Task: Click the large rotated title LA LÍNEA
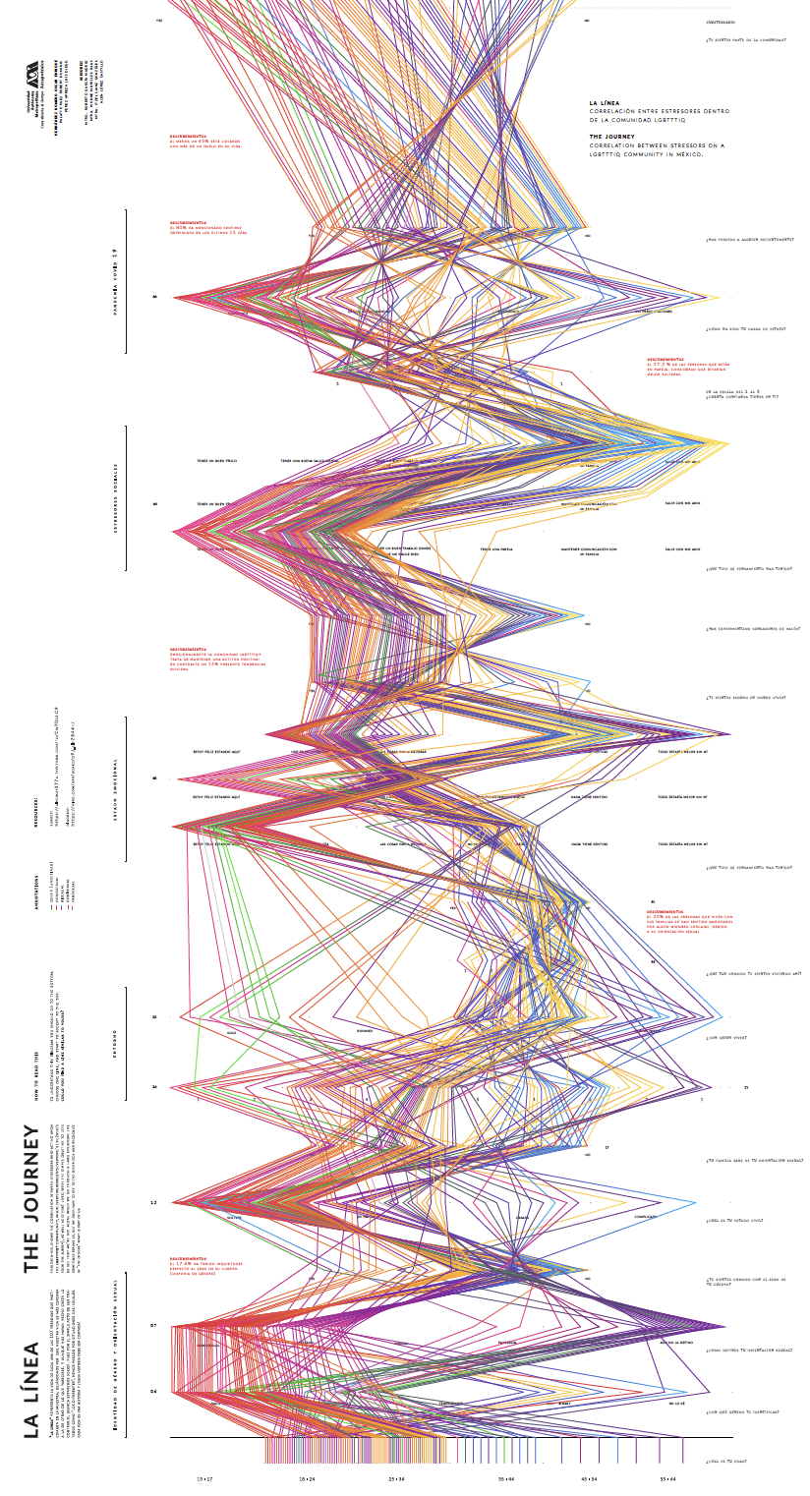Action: [x=32, y=1389]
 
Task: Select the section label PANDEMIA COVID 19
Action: [x=115, y=281]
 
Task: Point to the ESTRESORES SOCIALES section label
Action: [x=115, y=497]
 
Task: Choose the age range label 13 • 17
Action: [x=204, y=1477]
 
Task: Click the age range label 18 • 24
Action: [x=308, y=1477]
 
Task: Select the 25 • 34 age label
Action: [x=396, y=1477]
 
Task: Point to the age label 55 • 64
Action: [x=668, y=1477]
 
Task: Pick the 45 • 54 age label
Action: [x=589, y=1477]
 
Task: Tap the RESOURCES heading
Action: [x=36, y=814]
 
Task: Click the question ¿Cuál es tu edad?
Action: [x=731, y=1462]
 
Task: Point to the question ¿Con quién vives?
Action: [x=726, y=1036]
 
